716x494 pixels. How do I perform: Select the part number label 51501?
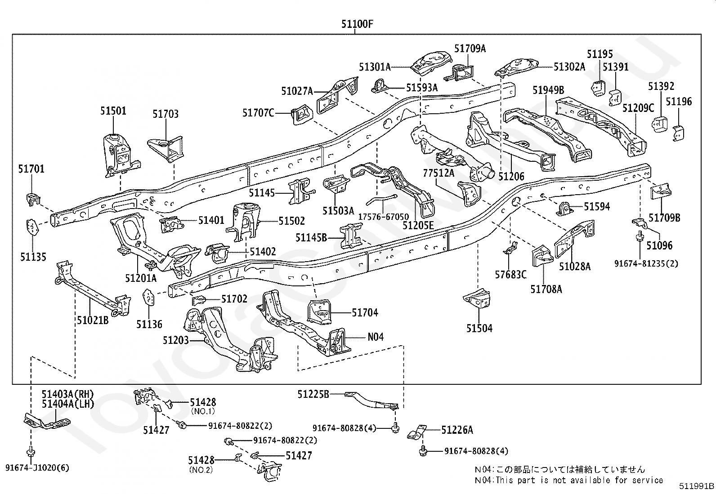(x=113, y=111)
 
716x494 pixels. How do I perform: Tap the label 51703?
(x=166, y=114)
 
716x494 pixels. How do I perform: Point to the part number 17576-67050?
(x=384, y=217)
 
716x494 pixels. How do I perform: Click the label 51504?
(x=479, y=329)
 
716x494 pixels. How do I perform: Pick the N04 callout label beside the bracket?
(x=376, y=337)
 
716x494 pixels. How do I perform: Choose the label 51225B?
(x=313, y=394)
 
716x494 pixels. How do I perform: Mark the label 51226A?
(x=457, y=430)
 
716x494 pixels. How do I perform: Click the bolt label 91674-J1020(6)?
(x=37, y=468)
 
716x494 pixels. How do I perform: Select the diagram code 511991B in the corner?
(x=696, y=486)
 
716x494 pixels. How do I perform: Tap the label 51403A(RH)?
(x=68, y=394)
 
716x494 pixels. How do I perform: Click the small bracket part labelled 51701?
(x=33, y=198)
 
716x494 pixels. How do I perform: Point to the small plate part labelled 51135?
(x=32, y=227)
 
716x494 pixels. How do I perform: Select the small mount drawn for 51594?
(x=564, y=209)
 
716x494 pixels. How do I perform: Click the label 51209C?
(x=638, y=108)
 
